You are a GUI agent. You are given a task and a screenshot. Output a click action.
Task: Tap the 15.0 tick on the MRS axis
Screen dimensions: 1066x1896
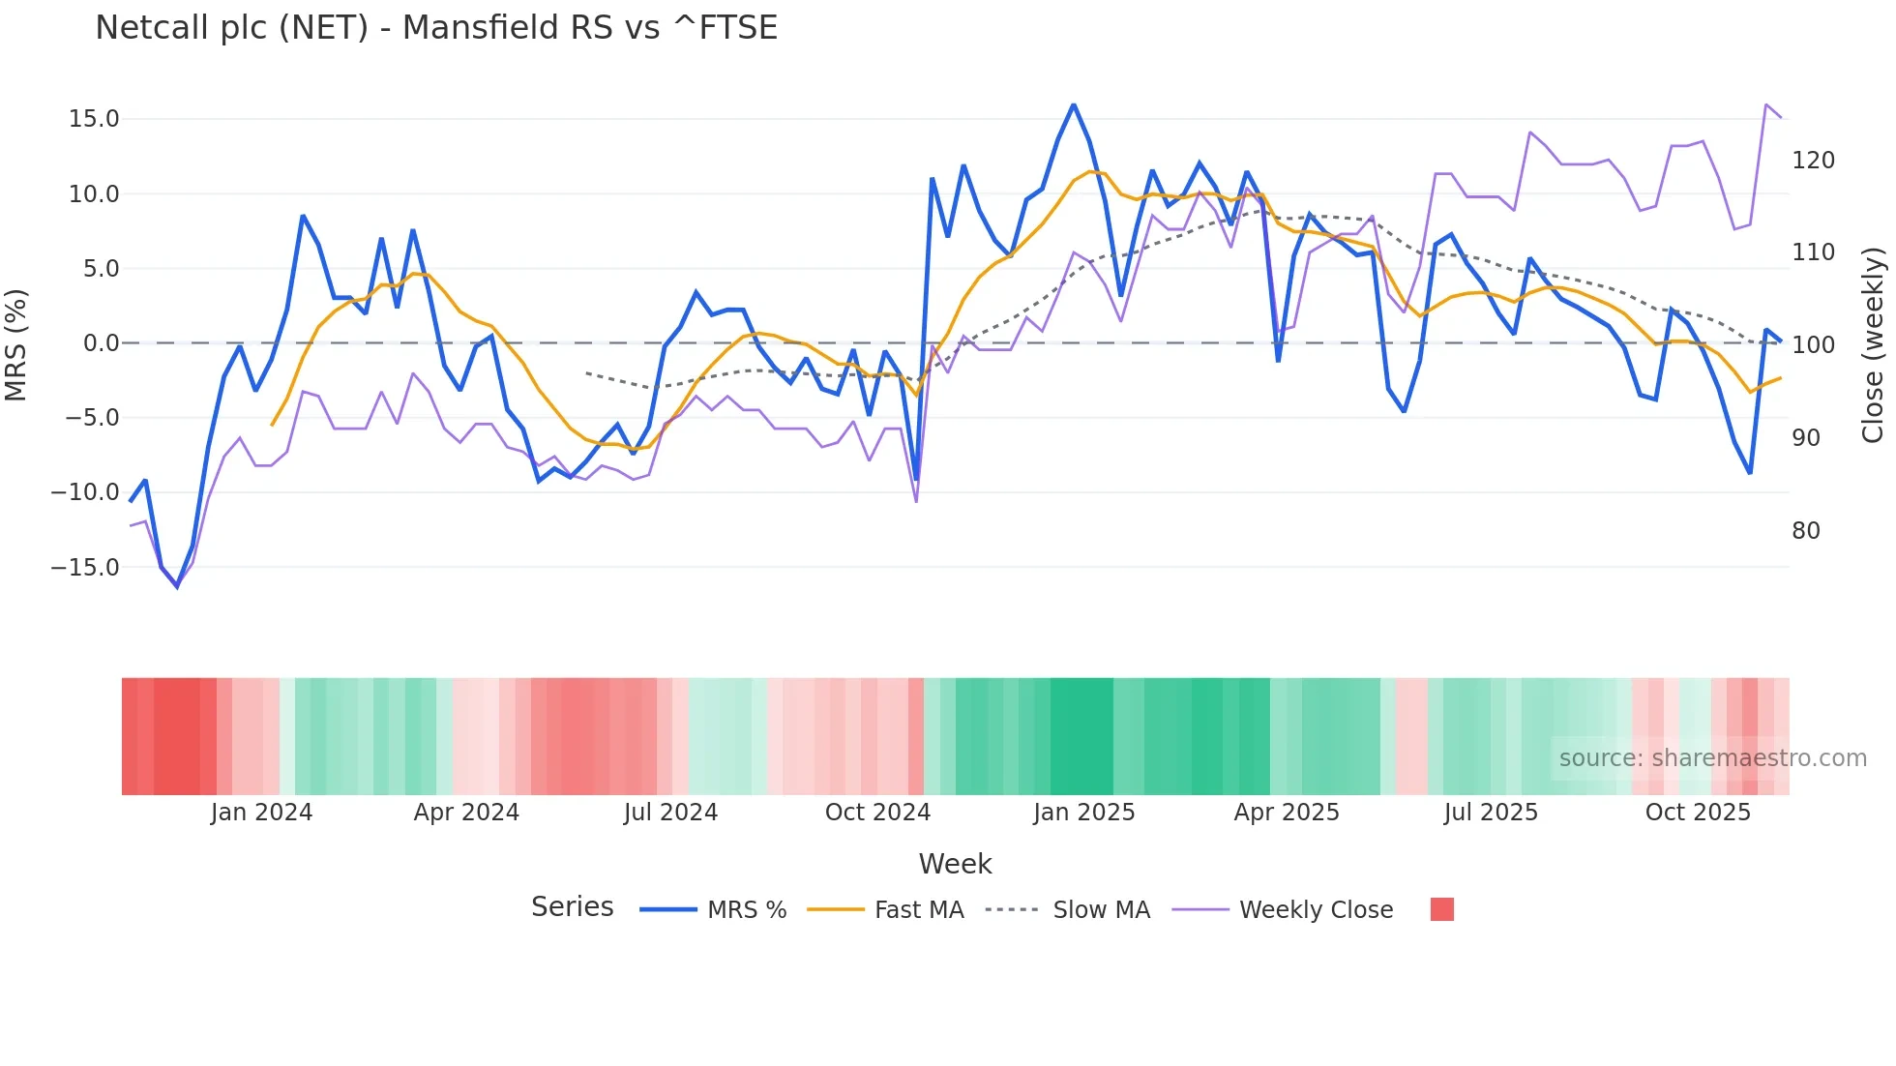point(94,119)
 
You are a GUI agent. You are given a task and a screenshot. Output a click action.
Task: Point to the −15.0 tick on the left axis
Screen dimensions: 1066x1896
point(85,568)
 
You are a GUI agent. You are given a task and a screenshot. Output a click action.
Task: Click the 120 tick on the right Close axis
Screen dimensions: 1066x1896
point(1813,161)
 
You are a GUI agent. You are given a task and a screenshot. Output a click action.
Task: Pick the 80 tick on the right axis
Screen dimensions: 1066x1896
point(1805,531)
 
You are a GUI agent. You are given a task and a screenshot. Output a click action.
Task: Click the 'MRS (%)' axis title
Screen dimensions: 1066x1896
point(16,344)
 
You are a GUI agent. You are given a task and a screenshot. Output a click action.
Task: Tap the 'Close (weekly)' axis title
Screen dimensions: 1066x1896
point(1873,344)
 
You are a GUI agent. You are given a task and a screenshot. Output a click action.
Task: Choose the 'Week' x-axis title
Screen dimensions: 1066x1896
point(955,864)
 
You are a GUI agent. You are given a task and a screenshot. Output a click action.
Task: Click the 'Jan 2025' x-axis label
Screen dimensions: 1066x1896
point(1083,813)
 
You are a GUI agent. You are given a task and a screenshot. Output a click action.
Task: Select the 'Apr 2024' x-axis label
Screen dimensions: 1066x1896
point(466,813)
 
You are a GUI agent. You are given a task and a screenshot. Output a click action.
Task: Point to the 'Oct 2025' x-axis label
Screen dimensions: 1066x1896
point(1698,813)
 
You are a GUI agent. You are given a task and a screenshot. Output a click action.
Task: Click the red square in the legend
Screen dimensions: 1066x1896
point(1441,909)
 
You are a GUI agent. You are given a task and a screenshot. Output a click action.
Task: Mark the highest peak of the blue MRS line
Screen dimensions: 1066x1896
point(1074,104)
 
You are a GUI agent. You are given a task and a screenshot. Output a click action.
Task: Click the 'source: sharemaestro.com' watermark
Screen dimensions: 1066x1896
point(1712,758)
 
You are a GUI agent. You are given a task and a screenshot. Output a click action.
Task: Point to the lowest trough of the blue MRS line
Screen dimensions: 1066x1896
point(177,586)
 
